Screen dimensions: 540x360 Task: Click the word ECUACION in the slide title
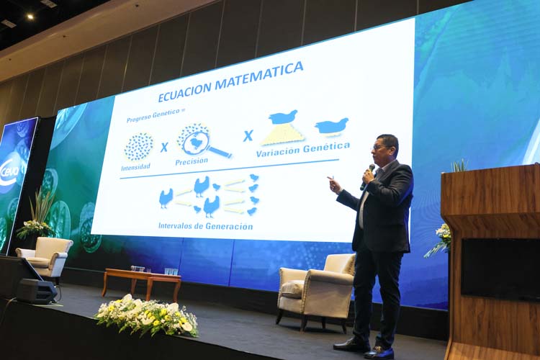point(184,91)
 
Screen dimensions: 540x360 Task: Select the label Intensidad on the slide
point(135,167)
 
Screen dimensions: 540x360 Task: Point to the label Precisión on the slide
point(192,161)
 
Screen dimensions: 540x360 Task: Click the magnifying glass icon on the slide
point(203,141)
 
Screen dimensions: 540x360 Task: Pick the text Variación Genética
point(302,149)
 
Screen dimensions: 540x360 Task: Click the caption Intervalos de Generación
point(206,226)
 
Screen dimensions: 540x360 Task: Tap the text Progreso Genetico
point(153,115)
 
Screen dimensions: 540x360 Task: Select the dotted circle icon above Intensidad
point(139,147)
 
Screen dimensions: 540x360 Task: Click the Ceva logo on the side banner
point(13,170)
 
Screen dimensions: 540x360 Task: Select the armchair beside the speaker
point(317,290)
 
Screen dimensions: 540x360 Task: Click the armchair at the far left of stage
point(45,257)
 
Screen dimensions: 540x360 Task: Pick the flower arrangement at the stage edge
point(147,315)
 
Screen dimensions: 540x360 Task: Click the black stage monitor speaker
point(37,292)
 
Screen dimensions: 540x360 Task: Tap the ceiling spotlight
point(30,16)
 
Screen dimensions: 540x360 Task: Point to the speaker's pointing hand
point(334,184)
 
